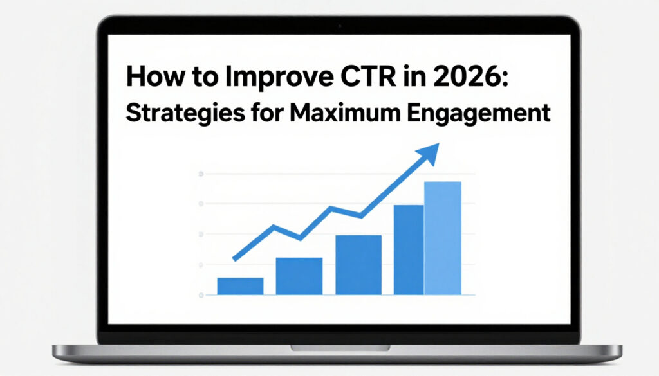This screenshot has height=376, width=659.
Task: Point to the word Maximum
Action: pyautogui.click(x=342, y=112)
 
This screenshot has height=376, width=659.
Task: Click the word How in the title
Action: pyautogui.click(x=149, y=76)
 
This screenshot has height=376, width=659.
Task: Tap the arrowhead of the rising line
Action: pyautogui.click(x=429, y=152)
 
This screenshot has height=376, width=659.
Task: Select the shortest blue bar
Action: pyautogui.click(x=240, y=286)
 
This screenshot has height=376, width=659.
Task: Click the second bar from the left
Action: pyautogui.click(x=299, y=276)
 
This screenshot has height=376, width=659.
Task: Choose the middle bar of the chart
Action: pyautogui.click(x=358, y=265)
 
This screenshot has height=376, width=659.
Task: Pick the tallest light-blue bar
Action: pyautogui.click(x=443, y=238)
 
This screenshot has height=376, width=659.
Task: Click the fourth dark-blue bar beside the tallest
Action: pyautogui.click(x=409, y=249)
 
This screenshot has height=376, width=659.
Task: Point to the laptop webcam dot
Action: pyautogui.click(x=339, y=26)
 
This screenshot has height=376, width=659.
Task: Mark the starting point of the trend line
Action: pyautogui.click(x=234, y=258)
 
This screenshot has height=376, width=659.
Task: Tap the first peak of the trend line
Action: pyautogui.click(x=274, y=226)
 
